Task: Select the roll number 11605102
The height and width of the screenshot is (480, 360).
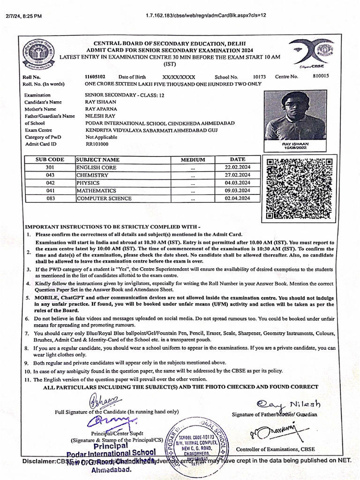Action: click(x=95, y=76)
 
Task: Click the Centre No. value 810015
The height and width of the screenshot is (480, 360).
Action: click(x=321, y=76)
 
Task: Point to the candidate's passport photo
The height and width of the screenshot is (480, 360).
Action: click(x=295, y=116)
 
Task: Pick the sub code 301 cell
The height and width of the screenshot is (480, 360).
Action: click(x=50, y=167)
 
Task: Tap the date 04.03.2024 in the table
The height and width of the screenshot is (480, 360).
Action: click(x=238, y=183)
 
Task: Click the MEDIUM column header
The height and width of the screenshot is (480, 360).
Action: click(x=193, y=160)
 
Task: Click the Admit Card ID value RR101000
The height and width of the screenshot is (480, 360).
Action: click(x=97, y=144)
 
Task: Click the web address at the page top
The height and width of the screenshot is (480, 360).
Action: click(x=206, y=15)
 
